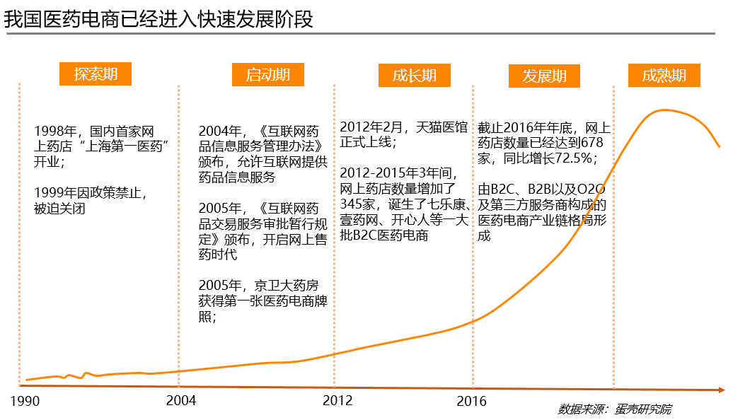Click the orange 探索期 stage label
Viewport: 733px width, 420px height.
pos(96,74)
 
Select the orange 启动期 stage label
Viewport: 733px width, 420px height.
pos(267,75)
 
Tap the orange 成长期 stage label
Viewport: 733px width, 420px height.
pos(414,76)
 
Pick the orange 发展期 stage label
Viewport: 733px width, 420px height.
pos(544,76)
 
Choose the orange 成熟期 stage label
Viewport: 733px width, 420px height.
pos(664,76)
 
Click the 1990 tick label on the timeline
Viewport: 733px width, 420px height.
pos(25,402)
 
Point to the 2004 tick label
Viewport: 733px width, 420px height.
pos(181,401)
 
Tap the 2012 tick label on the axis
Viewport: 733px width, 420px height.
pos(337,401)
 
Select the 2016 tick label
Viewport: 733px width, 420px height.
pos(472,401)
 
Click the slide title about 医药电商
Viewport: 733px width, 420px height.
pos(158,19)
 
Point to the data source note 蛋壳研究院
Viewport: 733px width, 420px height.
pos(615,409)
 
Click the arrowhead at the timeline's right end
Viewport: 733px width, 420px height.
pos(721,390)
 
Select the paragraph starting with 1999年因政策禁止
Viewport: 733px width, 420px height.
pos(91,200)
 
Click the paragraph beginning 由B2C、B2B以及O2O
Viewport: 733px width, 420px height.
pos(542,212)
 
